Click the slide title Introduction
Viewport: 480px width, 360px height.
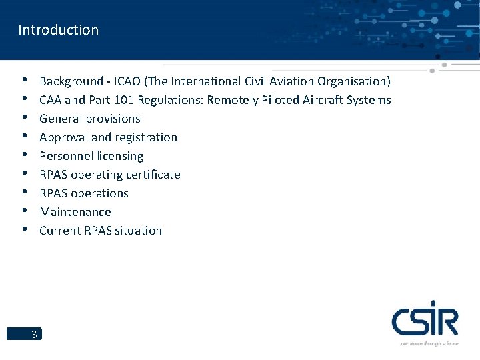(59, 30)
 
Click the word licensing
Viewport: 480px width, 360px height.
(121, 156)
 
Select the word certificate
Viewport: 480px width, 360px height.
(153, 175)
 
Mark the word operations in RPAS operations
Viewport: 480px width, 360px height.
(99, 193)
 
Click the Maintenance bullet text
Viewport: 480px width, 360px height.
(75, 212)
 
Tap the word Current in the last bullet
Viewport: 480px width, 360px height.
(59, 231)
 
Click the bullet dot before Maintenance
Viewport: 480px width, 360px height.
(24, 211)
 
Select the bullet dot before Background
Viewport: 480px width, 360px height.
(24, 81)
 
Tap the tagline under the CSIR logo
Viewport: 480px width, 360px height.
(429, 343)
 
